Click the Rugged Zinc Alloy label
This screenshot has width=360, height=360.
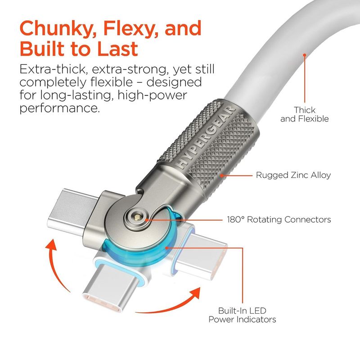(293, 175)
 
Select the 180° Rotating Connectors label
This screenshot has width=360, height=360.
(279, 220)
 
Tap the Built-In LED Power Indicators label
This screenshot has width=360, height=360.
(242, 315)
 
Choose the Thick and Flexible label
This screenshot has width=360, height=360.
(305, 114)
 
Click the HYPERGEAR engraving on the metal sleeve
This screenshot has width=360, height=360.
(205, 138)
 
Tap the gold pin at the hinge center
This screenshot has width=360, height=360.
(138, 216)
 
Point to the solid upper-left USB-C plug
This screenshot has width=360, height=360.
(74, 211)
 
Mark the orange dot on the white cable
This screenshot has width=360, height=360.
(305, 55)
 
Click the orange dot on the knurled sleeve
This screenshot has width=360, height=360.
(221, 175)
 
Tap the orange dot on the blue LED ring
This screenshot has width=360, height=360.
(167, 248)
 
